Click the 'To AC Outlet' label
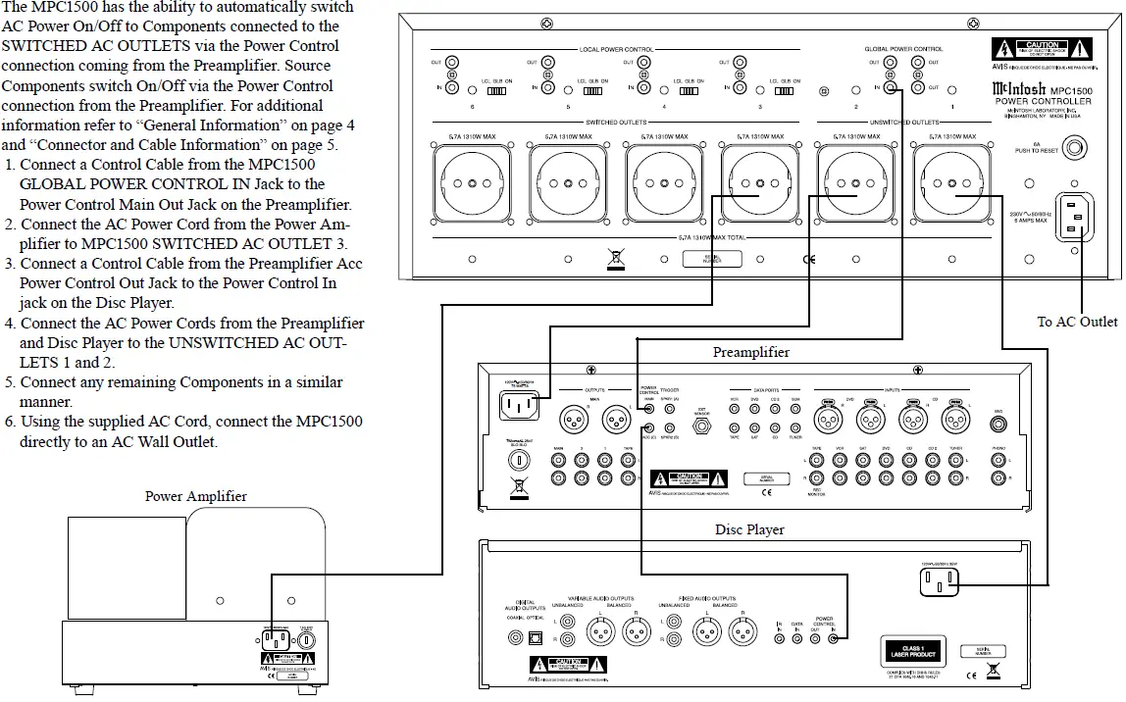1077,322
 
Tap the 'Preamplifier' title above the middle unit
750,352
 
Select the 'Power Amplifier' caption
196,496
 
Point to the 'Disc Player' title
749,529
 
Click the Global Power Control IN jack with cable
891,88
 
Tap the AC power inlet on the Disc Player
937,583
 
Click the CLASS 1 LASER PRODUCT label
908,650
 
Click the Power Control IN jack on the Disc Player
834,639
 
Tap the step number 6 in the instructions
9,422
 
